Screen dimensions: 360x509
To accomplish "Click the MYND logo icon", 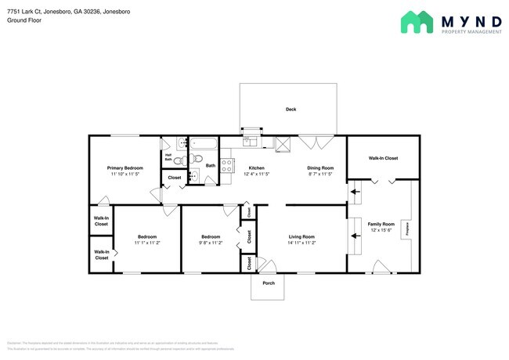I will tap(416, 22).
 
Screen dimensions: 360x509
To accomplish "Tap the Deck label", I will tap(291, 110).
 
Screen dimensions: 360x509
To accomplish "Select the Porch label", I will tap(268, 283).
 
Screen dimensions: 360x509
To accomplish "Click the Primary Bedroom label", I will tap(125, 168).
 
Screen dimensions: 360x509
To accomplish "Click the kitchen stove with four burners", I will tap(229, 165).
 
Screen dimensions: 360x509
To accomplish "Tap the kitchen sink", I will tap(250, 141).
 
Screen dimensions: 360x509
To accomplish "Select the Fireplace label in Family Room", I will tap(406, 229).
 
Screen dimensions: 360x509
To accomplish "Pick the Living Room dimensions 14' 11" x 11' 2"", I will tap(301, 243).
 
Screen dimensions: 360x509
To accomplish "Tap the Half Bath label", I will tap(168, 157).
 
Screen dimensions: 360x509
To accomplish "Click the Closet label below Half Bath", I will tap(175, 178).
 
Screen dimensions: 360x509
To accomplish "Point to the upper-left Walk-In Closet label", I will tap(101, 221).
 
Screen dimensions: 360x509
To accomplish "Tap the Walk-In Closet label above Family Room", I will tap(383, 158).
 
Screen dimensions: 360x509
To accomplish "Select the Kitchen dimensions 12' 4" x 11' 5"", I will tap(257, 175).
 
